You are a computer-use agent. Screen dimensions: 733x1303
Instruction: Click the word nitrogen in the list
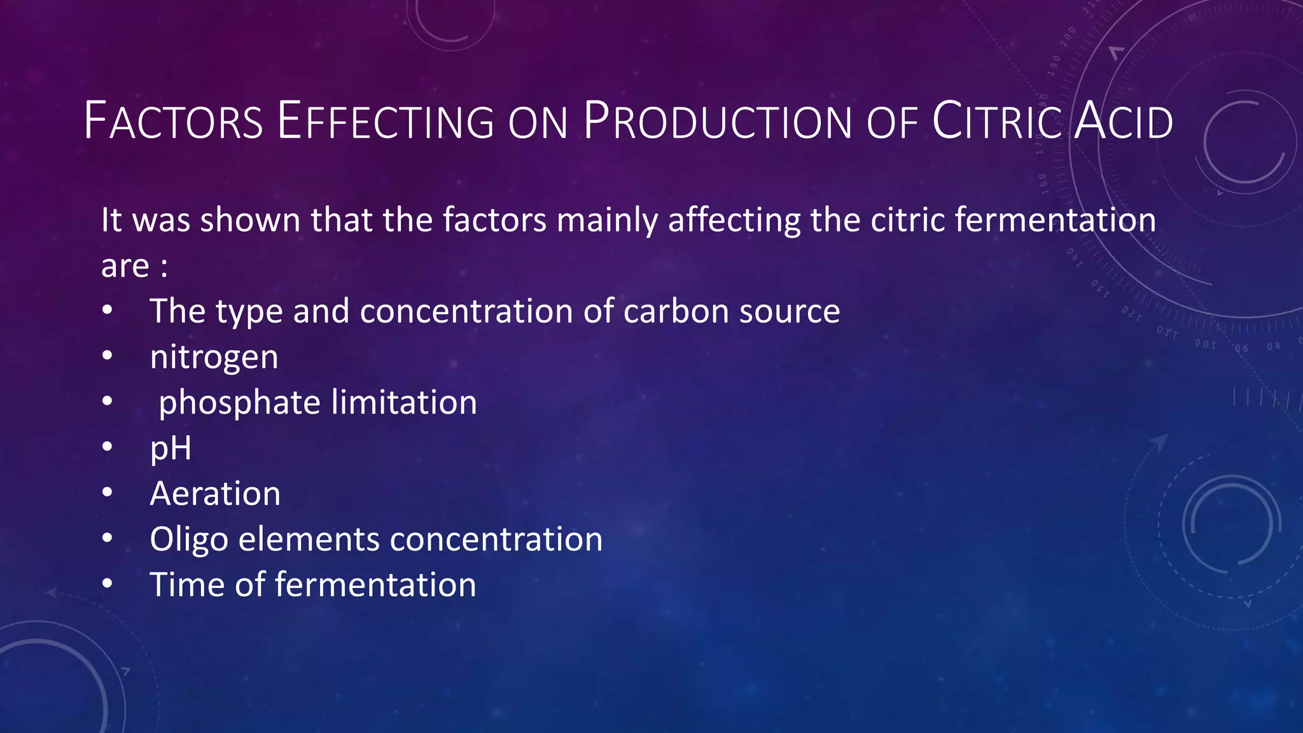coord(214,358)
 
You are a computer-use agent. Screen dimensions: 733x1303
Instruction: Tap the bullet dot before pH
coord(107,448)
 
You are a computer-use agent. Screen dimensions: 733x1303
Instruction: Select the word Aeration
coord(215,494)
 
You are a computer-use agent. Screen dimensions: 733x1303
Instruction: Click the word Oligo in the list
coord(189,540)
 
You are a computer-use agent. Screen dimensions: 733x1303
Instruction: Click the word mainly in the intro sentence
coord(607,221)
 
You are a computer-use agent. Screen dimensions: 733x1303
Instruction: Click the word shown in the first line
coord(250,220)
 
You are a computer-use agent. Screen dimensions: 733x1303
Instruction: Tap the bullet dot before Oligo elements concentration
coord(107,539)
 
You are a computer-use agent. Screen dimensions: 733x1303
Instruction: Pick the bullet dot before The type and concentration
coord(107,311)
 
